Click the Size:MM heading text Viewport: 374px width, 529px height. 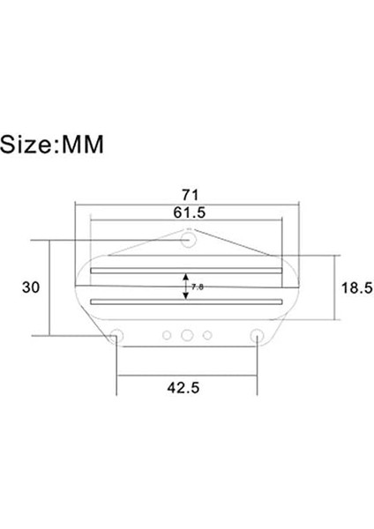[x=52, y=144]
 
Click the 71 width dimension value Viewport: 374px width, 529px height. [x=188, y=192]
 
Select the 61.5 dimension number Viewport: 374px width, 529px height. [x=188, y=212]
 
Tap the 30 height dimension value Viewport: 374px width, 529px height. [x=30, y=287]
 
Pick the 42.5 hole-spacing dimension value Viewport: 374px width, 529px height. [x=187, y=387]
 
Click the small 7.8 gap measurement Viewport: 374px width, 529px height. [x=197, y=287]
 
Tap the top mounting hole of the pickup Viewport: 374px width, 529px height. [x=188, y=238]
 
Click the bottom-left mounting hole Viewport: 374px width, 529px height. [x=116, y=335]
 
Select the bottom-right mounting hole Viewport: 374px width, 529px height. [x=258, y=335]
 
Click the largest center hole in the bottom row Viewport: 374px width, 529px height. [x=187, y=335]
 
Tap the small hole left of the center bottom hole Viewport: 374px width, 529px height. [x=168, y=334]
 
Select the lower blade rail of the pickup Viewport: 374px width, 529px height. [x=187, y=302]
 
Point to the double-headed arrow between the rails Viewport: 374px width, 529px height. [x=185, y=287]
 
